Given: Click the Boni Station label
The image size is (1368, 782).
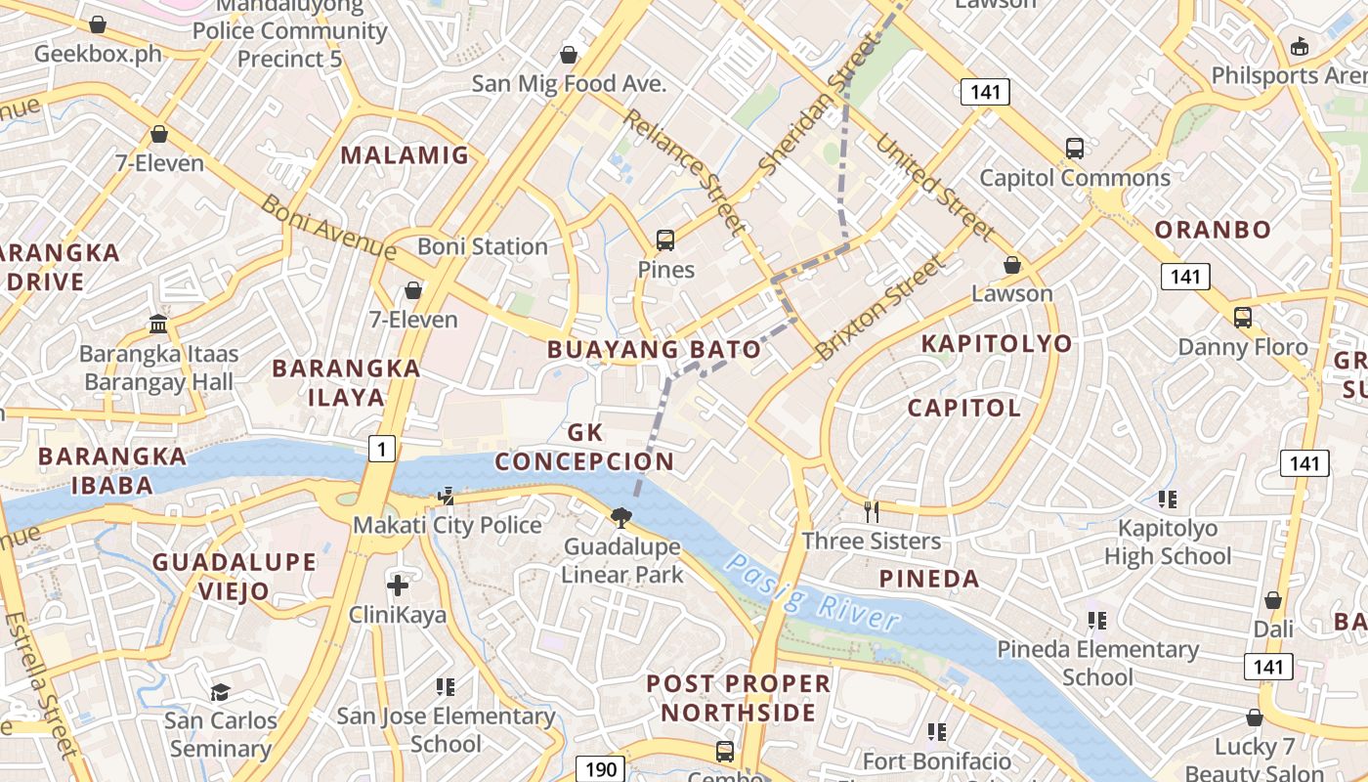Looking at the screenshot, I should click(483, 246).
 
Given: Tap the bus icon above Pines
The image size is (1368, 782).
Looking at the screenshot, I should click(665, 239).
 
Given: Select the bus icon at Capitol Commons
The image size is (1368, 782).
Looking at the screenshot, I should click(1075, 149).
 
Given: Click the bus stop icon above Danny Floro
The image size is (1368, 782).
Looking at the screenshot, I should click(1242, 318).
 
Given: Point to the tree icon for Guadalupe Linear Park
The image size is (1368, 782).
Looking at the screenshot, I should click(620, 517).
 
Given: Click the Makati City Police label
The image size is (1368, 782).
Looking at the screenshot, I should click(447, 525).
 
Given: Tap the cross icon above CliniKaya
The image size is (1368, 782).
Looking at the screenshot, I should click(398, 586).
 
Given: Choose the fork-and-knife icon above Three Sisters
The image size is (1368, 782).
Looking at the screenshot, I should click(872, 510).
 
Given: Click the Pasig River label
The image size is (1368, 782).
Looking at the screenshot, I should click(812, 592).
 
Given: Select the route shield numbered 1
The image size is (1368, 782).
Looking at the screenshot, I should click(382, 448).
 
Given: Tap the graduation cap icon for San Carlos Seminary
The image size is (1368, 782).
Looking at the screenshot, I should click(221, 692).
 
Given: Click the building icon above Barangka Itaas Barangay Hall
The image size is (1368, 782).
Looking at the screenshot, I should click(158, 324).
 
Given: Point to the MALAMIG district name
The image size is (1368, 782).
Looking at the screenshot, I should click(405, 155).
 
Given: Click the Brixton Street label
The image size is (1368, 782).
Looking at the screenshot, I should click(881, 306).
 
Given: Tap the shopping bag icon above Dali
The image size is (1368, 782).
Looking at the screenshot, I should click(1273, 600).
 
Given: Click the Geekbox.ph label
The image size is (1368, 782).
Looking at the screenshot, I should click(98, 53).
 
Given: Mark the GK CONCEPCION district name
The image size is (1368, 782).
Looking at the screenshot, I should click(584, 447).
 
